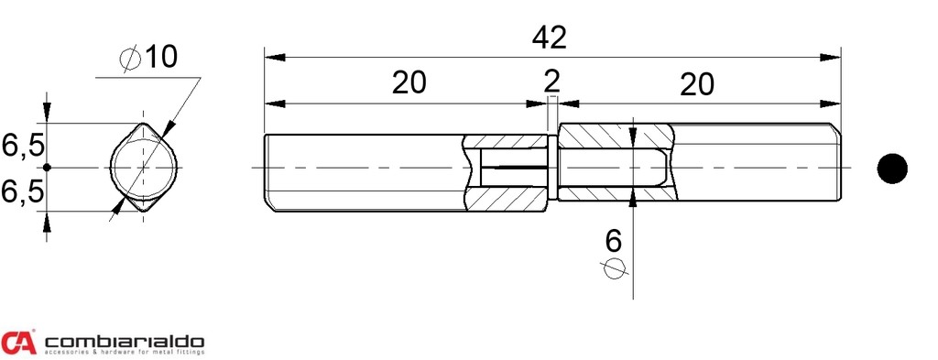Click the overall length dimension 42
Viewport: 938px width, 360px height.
click(550, 38)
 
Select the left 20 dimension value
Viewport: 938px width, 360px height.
click(409, 83)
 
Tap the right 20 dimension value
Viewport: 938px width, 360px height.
click(697, 84)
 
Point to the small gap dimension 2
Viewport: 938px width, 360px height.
click(552, 82)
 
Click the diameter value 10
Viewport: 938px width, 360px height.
click(161, 57)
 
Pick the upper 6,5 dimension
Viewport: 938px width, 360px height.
click(23, 146)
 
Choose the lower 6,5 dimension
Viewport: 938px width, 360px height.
click(23, 192)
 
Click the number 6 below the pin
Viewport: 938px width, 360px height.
click(614, 241)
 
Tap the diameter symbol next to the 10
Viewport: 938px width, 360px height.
click(130, 58)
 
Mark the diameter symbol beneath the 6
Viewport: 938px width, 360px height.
click(615, 268)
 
